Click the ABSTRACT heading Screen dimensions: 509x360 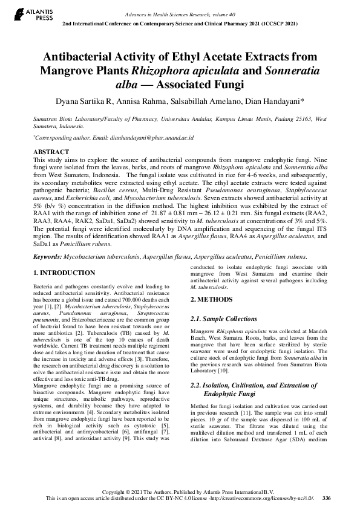[x=50, y=152]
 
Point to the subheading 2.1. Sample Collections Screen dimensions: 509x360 [x=223, y=319]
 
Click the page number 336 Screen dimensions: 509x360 [x=327, y=498]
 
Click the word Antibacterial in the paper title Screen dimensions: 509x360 [x=90, y=57]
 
